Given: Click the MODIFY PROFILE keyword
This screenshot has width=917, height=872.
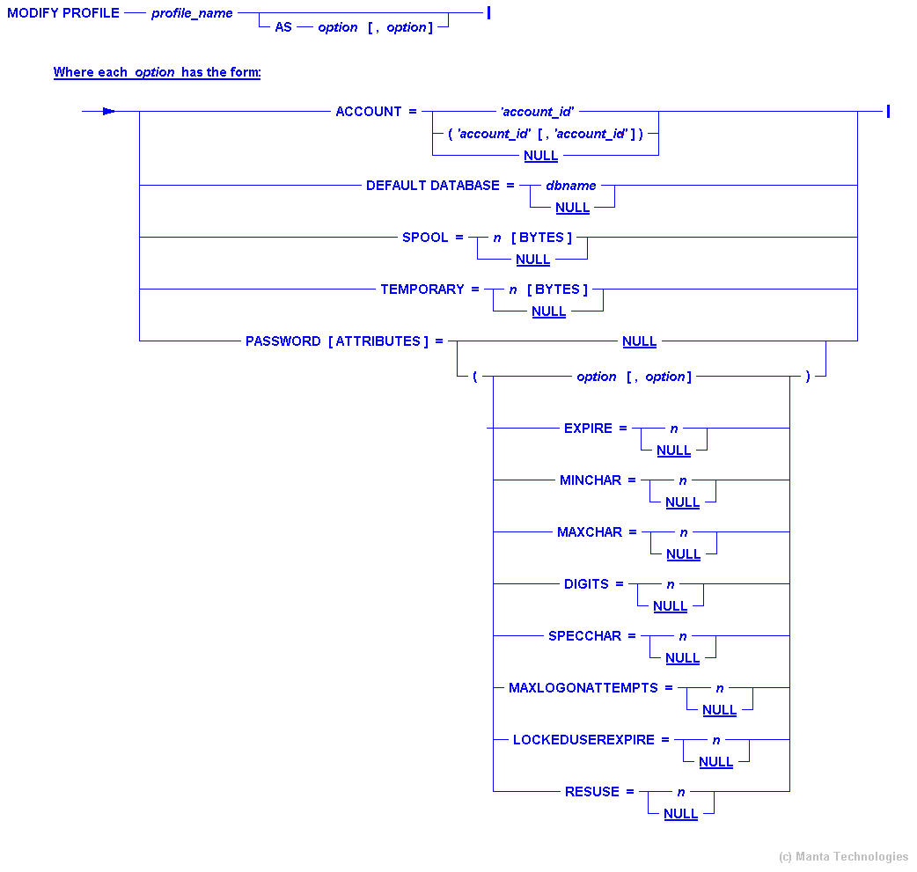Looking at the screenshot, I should pos(63,13).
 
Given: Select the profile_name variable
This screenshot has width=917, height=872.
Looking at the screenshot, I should pos(192,14).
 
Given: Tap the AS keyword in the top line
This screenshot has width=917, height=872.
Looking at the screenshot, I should pos(283,27).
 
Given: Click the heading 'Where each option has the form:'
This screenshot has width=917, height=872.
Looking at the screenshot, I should pos(157,72).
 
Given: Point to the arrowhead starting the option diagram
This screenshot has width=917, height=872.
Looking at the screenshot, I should pos(108,112).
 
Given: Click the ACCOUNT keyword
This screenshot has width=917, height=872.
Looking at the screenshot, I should pos(369,112).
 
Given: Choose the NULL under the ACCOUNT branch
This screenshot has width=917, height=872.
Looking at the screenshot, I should pos(540,156).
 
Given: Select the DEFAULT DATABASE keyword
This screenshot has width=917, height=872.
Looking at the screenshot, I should pos(432,186).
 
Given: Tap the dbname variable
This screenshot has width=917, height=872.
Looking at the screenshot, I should pos(571,186).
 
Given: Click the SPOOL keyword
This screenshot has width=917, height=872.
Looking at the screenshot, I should pos(425,238).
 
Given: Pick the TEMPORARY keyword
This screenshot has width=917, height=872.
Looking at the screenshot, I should pos(422,289).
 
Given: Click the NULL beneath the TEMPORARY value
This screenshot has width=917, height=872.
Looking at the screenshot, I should pos(548,311).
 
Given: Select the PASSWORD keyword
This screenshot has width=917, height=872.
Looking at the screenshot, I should pos(282,341).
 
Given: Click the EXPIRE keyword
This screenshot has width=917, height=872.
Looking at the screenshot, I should pos(588,429).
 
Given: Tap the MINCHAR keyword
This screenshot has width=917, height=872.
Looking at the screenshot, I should pos(591,480).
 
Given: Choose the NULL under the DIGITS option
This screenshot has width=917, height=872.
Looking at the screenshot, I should pos(670,606).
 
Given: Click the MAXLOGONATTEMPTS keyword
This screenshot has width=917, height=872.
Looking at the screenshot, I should pos(583,688).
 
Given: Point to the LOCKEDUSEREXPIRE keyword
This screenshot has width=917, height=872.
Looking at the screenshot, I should pos(583,740).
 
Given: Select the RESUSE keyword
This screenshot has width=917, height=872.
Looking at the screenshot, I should pos(592,792).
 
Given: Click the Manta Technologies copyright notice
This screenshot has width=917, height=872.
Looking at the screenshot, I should pos(843,856).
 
